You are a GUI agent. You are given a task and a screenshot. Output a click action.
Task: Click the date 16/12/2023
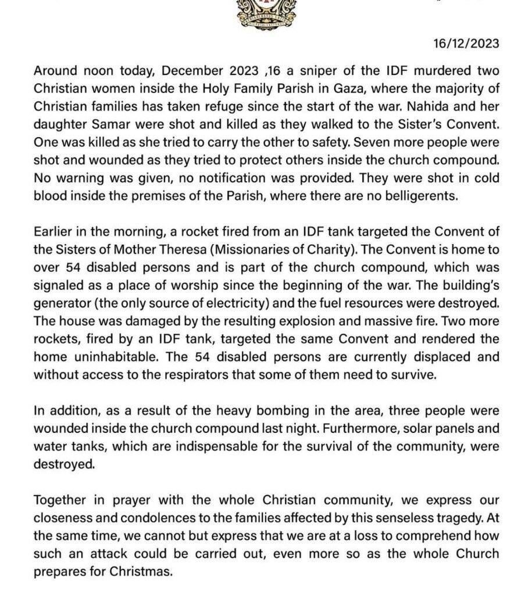click(x=467, y=44)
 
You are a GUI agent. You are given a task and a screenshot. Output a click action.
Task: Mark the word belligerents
click(x=424, y=195)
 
